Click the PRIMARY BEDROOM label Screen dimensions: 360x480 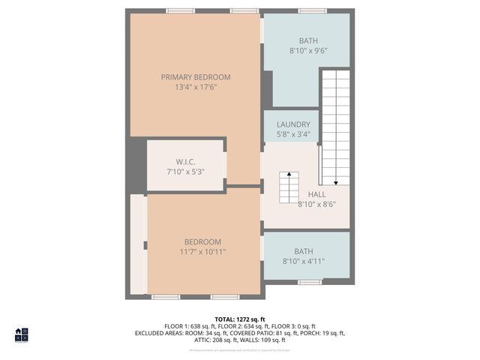click(x=196, y=77)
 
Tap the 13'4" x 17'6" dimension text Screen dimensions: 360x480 click(x=196, y=87)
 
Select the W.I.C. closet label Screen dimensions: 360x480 click(x=186, y=162)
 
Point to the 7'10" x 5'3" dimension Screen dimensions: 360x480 click(x=185, y=172)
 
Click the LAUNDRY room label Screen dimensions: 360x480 click(x=292, y=124)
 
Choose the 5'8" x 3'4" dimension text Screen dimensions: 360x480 click(x=292, y=135)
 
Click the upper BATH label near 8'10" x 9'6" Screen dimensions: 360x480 click(x=308, y=41)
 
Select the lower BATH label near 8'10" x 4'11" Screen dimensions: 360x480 click(x=304, y=251)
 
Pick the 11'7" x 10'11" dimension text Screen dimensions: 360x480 click(x=203, y=252)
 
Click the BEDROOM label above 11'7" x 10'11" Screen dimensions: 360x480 click(x=203, y=241)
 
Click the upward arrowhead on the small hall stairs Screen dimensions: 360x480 click(x=289, y=174)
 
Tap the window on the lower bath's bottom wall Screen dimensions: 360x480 click(x=310, y=282)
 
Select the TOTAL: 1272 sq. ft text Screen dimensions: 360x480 click(x=240, y=319)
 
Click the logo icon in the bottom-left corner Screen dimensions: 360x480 click(x=21, y=334)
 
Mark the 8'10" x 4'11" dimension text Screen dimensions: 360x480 click(x=304, y=262)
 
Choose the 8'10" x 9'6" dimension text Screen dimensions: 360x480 click(x=308, y=51)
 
